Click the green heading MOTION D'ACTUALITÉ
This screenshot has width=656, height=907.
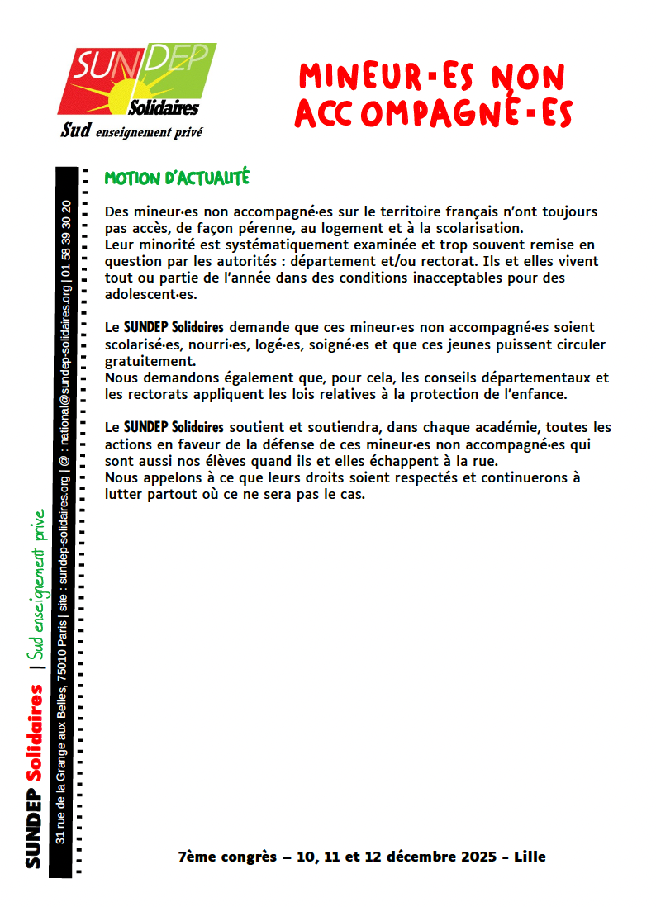click(177, 178)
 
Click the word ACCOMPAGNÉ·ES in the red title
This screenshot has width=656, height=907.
click(433, 115)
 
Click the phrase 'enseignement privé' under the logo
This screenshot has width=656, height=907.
click(150, 131)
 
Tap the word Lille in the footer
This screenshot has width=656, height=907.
click(530, 857)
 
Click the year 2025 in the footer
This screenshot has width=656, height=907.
click(478, 857)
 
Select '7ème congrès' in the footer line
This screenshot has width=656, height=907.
click(227, 857)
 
